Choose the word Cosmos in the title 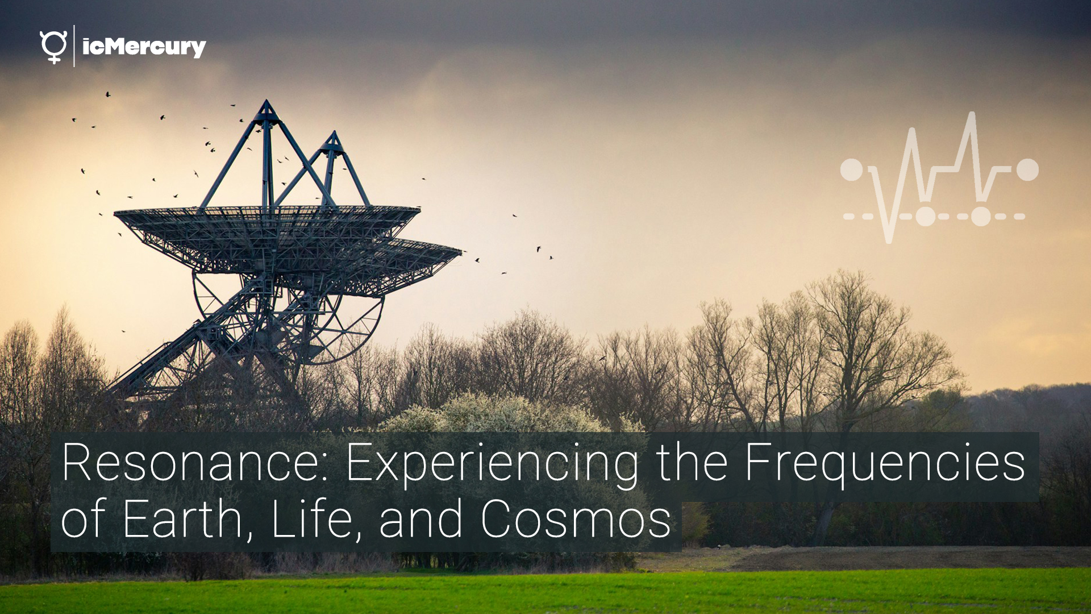(x=576, y=520)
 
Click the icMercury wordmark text (x=144, y=47)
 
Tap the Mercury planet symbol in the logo (x=53, y=47)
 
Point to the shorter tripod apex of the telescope (x=334, y=135)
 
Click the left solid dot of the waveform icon (x=851, y=169)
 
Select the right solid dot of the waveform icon (x=1027, y=169)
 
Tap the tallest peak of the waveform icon (x=972, y=115)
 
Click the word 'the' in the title (x=692, y=463)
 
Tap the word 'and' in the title (x=421, y=519)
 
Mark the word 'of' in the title (x=84, y=518)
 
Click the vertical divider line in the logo (x=74, y=46)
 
